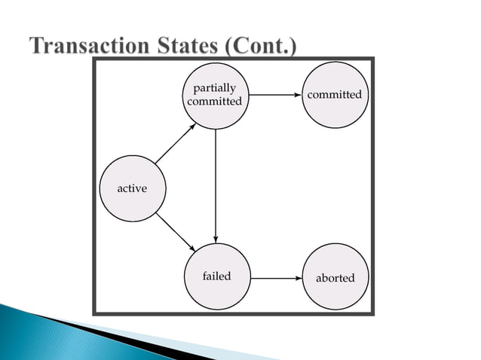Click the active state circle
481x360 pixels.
pyautogui.click(x=132, y=188)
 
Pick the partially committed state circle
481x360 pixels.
pyautogui.click(x=216, y=96)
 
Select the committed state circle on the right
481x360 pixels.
pyautogui.click(x=335, y=96)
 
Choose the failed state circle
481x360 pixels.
pyautogui.click(x=216, y=276)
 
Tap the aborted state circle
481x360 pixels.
pyautogui.click(x=335, y=278)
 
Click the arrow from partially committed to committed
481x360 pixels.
pyautogui.click(x=275, y=96)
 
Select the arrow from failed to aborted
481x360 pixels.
pyautogui.click(x=275, y=278)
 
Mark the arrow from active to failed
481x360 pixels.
pyautogui.click(x=175, y=233)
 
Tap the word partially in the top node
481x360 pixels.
pyautogui.click(x=215, y=89)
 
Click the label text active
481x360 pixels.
pyautogui.click(x=132, y=188)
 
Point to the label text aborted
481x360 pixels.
pyautogui.click(x=335, y=278)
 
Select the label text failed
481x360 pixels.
pyautogui.click(x=216, y=276)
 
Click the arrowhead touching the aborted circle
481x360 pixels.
pyautogui.click(x=297, y=278)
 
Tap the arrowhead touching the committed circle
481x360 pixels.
pyautogui.click(x=297, y=96)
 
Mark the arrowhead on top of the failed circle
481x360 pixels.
pyautogui.click(x=216, y=239)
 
